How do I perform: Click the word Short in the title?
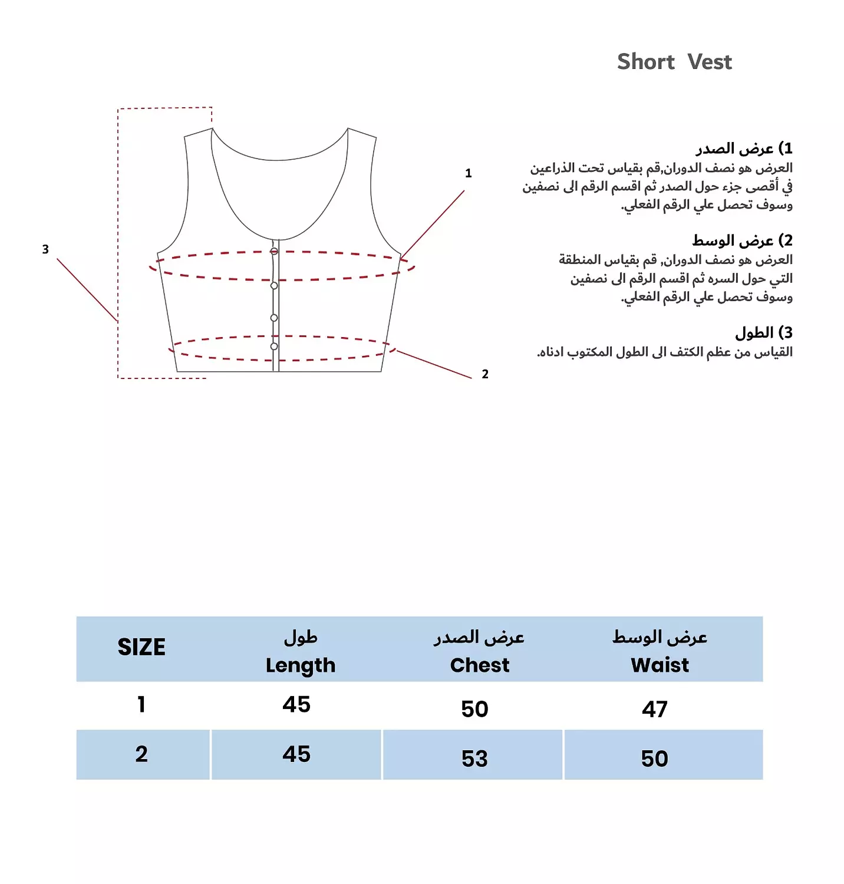[x=645, y=62]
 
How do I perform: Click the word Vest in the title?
[x=710, y=62]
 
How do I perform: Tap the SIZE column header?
[x=141, y=647]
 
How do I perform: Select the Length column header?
[x=300, y=665]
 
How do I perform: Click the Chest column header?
[x=479, y=665]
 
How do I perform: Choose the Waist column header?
[x=660, y=665]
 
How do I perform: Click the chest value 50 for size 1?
[x=474, y=709]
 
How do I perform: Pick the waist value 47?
[x=655, y=709]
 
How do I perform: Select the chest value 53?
[x=474, y=758]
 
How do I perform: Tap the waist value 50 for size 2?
[x=655, y=758]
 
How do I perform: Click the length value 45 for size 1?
[x=296, y=704]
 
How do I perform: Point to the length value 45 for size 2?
[x=296, y=754]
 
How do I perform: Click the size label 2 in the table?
[x=141, y=754]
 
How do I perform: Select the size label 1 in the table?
[x=141, y=704]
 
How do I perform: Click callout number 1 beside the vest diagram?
[x=469, y=173]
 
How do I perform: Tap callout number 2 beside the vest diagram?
[x=485, y=374]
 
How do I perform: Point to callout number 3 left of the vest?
[x=45, y=249]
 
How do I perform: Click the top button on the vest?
[x=274, y=252]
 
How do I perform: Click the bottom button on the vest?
[x=274, y=347]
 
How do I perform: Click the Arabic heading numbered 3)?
[x=763, y=333]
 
